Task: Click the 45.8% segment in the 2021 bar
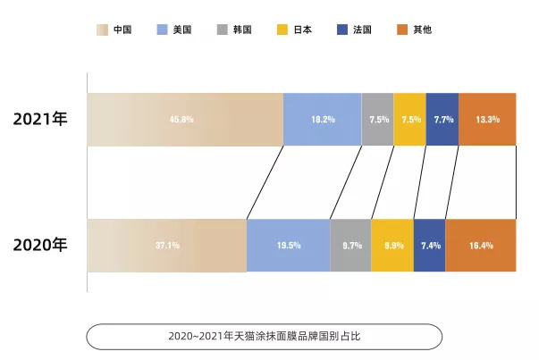(185, 119)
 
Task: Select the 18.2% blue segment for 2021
(323, 119)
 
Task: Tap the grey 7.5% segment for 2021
(377, 119)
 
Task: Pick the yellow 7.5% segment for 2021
(409, 119)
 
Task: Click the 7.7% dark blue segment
(442, 119)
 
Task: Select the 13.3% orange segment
(487, 119)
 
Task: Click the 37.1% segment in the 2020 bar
(166, 245)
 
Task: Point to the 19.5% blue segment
(288, 245)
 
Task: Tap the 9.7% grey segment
(350, 245)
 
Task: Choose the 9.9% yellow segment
(392, 245)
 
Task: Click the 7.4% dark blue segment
(430, 245)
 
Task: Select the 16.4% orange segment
(481, 245)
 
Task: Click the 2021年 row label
(40, 119)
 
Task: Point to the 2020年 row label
(40, 244)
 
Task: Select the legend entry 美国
(173, 29)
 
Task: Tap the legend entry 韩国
(234, 29)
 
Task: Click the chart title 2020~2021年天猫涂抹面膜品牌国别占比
(264, 337)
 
